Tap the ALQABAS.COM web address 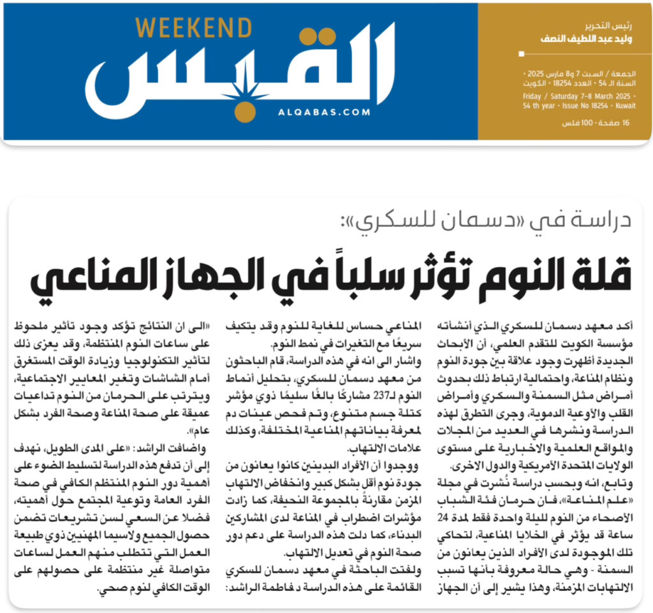(x=324, y=112)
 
